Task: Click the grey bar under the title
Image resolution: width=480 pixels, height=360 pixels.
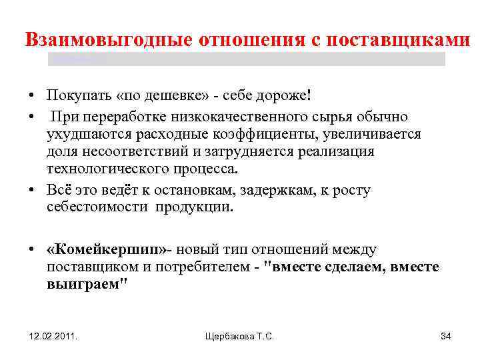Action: click(247, 59)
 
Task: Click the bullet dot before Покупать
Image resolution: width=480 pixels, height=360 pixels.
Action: click(32, 95)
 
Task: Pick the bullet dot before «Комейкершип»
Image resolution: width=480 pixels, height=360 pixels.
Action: click(32, 250)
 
